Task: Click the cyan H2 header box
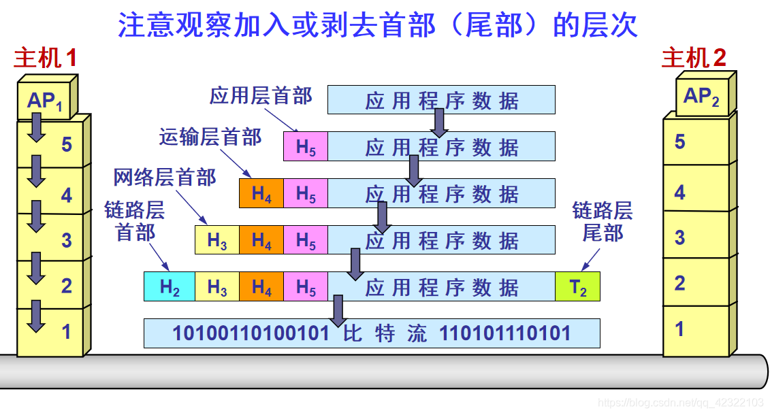click(170, 287)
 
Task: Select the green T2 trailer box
click(577, 287)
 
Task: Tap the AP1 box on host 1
click(44, 101)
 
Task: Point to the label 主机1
click(45, 59)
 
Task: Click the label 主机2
click(694, 59)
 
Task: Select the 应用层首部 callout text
click(261, 96)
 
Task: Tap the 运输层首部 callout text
click(210, 137)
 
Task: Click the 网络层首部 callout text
click(165, 178)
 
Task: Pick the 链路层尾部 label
click(603, 222)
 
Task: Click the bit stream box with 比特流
click(372, 333)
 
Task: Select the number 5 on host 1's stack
click(66, 144)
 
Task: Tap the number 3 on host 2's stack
click(679, 237)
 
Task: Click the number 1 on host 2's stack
click(679, 329)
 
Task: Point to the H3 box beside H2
click(217, 287)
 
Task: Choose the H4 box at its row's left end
click(261, 194)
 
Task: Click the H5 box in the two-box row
click(306, 147)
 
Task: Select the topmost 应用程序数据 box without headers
click(441, 100)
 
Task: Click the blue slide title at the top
click(378, 26)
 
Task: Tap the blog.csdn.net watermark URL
click(680, 403)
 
